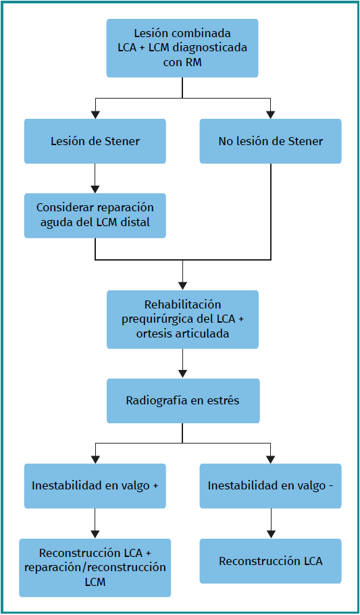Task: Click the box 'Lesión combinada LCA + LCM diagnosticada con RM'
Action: click(x=182, y=48)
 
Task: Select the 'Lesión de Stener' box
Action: click(x=95, y=141)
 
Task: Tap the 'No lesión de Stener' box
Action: click(x=270, y=141)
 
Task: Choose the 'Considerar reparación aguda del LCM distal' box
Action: click(x=95, y=215)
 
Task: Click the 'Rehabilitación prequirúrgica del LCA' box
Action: click(x=182, y=319)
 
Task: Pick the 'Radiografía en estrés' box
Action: click(x=183, y=401)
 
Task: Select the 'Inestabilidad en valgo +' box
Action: click(x=95, y=486)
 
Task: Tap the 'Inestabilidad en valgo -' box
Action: click(x=270, y=486)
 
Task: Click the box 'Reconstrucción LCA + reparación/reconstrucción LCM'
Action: click(x=95, y=568)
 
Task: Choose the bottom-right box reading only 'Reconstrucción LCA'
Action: click(x=270, y=561)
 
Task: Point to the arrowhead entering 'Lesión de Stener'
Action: click(x=95, y=115)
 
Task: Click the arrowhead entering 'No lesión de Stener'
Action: click(x=270, y=115)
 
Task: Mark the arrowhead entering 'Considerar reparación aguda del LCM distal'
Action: click(x=95, y=188)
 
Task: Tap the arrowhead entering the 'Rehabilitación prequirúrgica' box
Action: click(x=182, y=286)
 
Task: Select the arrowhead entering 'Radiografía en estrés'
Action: click(x=182, y=374)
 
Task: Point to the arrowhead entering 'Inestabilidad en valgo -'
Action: click(x=270, y=459)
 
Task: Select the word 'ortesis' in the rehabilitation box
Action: click(x=151, y=334)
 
